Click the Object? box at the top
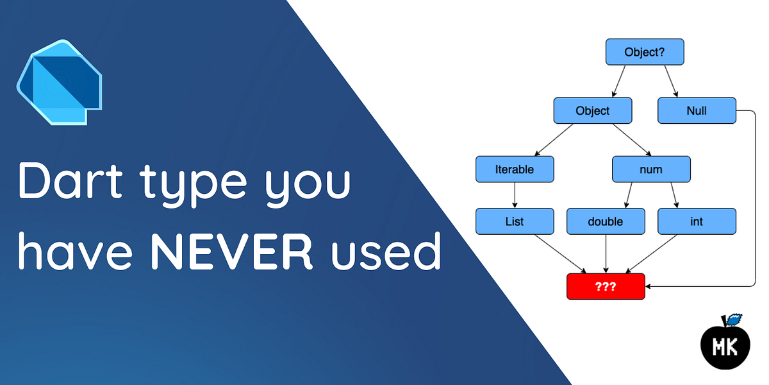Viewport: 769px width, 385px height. coord(645,52)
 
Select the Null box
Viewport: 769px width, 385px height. coord(697,111)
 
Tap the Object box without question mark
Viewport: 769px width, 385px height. coord(593,111)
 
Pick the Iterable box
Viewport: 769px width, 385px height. coord(515,169)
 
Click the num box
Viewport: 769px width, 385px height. coord(651,169)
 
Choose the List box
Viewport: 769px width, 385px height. coord(515,221)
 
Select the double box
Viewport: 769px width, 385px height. coord(606,221)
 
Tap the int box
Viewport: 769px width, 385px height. coord(697,221)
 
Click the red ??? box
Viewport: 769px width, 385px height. coord(606,286)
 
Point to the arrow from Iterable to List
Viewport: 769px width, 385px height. coord(515,196)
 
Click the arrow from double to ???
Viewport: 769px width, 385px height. coord(606,253)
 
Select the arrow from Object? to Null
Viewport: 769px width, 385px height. coord(671,81)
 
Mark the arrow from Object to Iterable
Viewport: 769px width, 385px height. coord(554,140)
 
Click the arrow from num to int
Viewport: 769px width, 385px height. coord(675,196)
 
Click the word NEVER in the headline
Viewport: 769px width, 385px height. coord(231,252)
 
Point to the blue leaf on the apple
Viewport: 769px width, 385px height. coord(734,319)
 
